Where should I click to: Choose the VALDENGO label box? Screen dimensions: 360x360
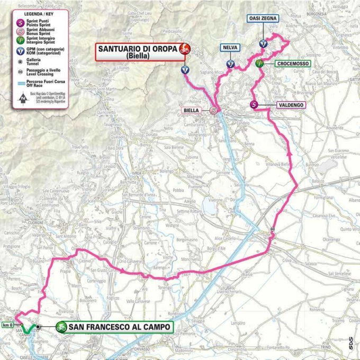[290, 105]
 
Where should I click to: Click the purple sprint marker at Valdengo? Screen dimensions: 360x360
[255, 105]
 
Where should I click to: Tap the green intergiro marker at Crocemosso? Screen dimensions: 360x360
[259, 64]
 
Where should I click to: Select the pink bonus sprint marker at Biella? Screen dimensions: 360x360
[214, 110]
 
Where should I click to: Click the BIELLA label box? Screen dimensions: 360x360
[191, 110]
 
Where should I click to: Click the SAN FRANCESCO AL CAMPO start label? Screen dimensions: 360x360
[115, 327]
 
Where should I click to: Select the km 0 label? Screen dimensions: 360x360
[7, 325]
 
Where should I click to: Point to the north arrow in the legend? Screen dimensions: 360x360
[23, 98]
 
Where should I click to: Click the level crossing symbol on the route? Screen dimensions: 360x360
[272, 229]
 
